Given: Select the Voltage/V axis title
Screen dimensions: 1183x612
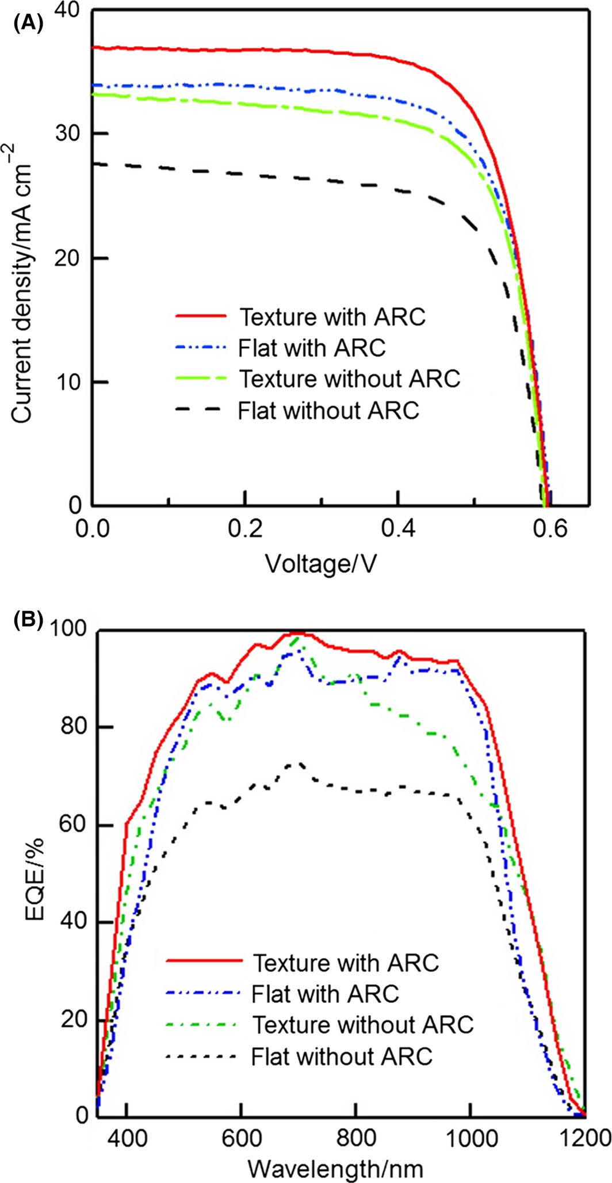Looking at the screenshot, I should pyautogui.click(x=321, y=564).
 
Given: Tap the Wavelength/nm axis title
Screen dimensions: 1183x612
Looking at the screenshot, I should pyautogui.click(x=336, y=1168).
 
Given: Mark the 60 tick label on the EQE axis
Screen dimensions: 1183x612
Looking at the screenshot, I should pyautogui.click(x=73, y=825).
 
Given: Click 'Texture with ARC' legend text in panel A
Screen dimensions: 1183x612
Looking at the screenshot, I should pyautogui.click(x=332, y=316).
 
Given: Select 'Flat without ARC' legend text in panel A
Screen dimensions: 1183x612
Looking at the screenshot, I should pyautogui.click(x=328, y=410).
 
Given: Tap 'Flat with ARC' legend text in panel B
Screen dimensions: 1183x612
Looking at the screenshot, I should pyautogui.click(x=325, y=994).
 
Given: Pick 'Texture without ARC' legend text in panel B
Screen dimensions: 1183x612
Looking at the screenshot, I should pyautogui.click(x=363, y=1025).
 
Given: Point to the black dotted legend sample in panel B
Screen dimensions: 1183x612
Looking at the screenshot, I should pyautogui.click(x=201, y=1056).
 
